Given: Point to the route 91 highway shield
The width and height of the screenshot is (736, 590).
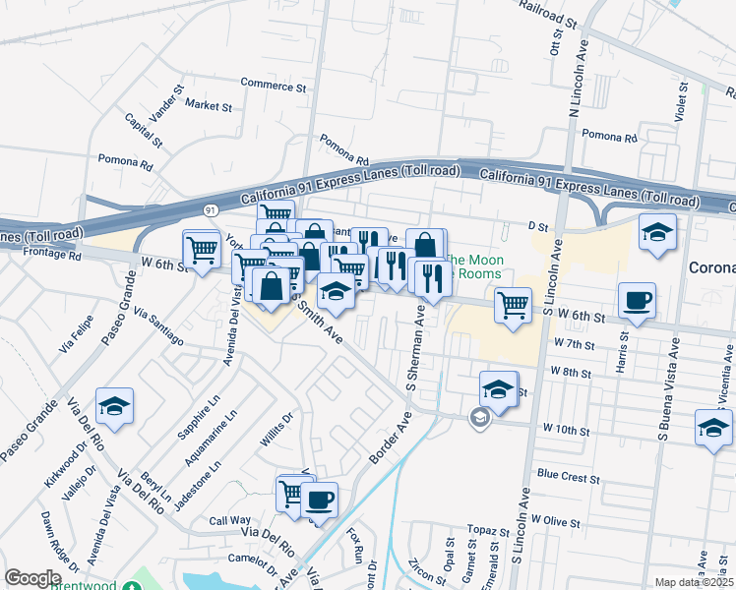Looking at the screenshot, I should tap(211, 209).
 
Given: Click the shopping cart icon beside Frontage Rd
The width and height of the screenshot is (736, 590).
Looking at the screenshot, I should tap(202, 250).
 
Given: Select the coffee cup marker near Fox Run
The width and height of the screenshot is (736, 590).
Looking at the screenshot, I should tap(319, 500).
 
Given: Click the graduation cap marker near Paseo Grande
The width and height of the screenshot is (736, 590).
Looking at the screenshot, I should tap(114, 406).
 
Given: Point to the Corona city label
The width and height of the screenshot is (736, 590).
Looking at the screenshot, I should tap(710, 267).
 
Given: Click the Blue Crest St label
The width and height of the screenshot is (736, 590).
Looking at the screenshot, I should tap(568, 476).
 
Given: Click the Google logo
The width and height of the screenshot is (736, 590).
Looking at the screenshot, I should tap(32, 578).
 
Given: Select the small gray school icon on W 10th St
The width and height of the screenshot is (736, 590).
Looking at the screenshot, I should tap(479, 419).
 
